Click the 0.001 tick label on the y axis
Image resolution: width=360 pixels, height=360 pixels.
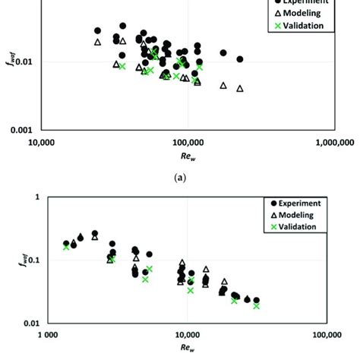tap(21, 129)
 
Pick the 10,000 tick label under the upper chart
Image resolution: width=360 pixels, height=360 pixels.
tap(40, 141)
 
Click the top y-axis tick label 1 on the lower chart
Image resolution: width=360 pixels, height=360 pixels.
tap(36, 197)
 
